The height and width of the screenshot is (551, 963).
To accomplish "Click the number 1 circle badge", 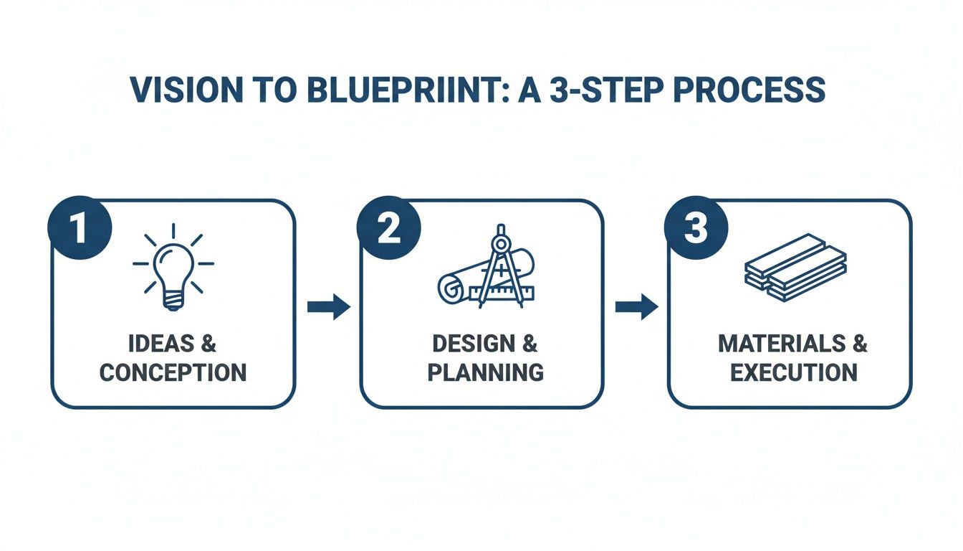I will (x=79, y=229).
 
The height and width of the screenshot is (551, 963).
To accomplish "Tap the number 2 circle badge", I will (x=388, y=229).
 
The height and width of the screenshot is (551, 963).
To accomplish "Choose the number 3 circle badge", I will (x=696, y=229).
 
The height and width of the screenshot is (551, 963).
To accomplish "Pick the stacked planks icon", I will (x=795, y=267).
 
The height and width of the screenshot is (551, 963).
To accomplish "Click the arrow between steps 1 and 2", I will (x=328, y=307).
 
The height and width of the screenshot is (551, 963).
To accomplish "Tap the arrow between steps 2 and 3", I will (x=636, y=307).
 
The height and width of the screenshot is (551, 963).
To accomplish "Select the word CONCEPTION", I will (x=173, y=373).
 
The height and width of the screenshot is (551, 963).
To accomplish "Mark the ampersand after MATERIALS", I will (x=859, y=344).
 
